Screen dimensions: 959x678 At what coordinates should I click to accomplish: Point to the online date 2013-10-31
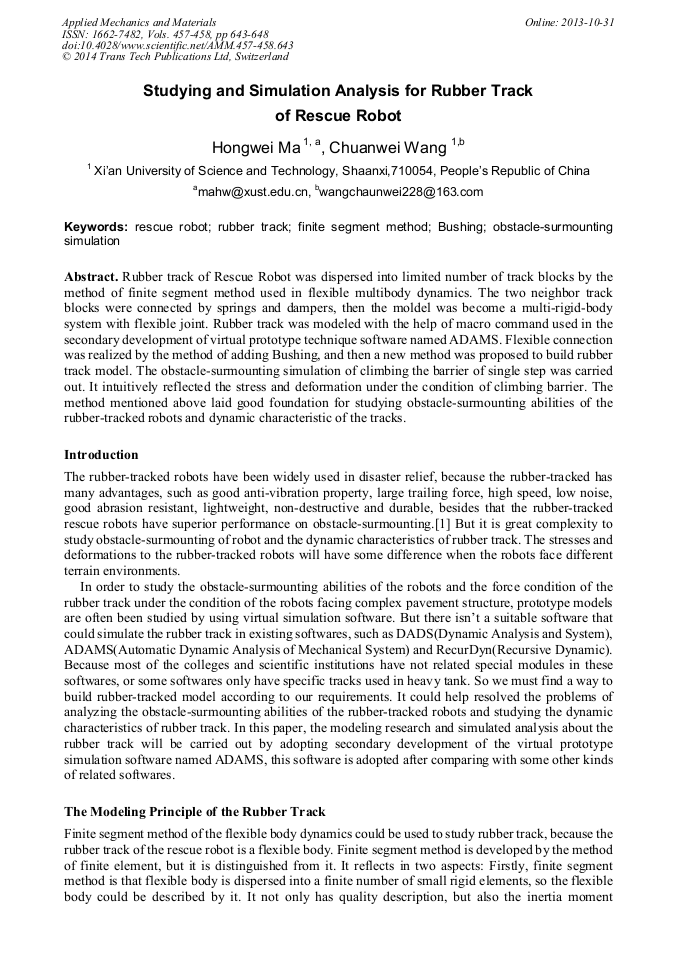[587, 22]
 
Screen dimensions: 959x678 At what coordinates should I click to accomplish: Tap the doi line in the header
[177, 46]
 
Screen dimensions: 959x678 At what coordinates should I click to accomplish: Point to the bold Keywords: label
[97, 227]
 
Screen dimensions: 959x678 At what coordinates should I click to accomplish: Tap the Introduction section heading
[101, 455]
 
